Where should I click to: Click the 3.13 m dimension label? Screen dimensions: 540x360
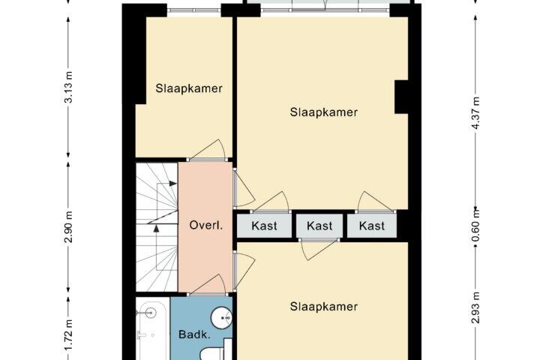pyautogui.click(x=69, y=87)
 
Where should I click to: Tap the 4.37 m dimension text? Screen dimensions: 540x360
pyautogui.click(x=475, y=112)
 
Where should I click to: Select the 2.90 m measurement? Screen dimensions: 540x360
pyautogui.click(x=69, y=227)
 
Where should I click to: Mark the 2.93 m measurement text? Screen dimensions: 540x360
pyautogui.click(x=475, y=307)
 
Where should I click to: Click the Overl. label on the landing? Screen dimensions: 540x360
pyautogui.click(x=206, y=226)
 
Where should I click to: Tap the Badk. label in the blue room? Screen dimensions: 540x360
pyautogui.click(x=194, y=334)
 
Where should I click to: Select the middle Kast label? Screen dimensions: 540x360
pyautogui.click(x=319, y=226)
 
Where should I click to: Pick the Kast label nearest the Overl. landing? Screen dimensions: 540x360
pyautogui.click(x=264, y=226)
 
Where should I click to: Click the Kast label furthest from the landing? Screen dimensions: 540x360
pyautogui.click(x=371, y=226)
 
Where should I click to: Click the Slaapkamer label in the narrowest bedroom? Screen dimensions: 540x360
pyautogui.click(x=189, y=88)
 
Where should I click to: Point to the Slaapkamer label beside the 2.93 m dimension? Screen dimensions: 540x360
pyautogui.click(x=324, y=307)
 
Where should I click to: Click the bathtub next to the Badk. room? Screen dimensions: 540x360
pyautogui.click(x=152, y=329)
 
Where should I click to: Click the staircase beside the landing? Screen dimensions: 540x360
pyautogui.click(x=157, y=226)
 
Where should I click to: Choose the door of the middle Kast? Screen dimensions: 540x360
pyautogui.click(x=319, y=249)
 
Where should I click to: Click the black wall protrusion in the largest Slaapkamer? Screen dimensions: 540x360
pyautogui.click(x=401, y=97)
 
